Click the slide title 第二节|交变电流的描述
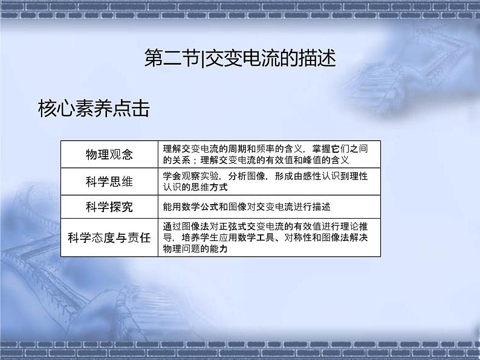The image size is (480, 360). point(240,60)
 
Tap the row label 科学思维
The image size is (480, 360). point(109,181)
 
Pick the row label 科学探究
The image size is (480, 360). point(109,207)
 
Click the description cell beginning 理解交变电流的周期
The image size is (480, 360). point(269,155)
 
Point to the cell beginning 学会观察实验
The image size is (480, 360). point(269,181)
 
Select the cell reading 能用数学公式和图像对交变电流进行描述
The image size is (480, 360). point(247,207)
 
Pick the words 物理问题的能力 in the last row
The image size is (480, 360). point(195,249)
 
